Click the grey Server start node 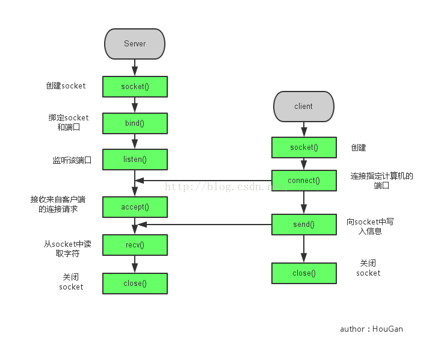(135, 43)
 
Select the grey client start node (303, 106)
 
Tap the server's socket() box (135, 87)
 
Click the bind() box (135, 123)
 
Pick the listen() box (135, 160)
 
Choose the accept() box (135, 207)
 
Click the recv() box (135, 245)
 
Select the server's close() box (135, 284)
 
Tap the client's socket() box (303, 147)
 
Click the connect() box (303, 181)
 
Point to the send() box (303, 225)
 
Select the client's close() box (303, 273)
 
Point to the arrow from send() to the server (205, 225)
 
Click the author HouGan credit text (371, 329)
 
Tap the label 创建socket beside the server (66, 86)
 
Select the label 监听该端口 (72, 160)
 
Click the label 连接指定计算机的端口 (382, 181)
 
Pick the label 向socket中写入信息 (370, 226)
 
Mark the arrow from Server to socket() (135, 66)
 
